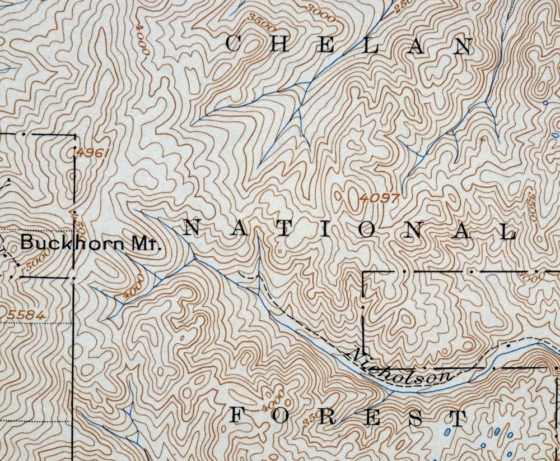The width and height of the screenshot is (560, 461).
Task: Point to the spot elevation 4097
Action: click(x=380, y=198)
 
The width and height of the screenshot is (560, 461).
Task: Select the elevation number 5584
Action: click(x=26, y=315)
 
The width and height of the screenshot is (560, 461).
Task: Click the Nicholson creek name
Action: click(x=402, y=367)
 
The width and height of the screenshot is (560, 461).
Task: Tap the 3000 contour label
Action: click(x=320, y=13)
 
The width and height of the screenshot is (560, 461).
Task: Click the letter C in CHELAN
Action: click(x=234, y=44)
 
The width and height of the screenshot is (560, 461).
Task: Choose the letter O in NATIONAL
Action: click(x=367, y=230)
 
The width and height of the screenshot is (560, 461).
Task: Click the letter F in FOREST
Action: click(x=237, y=416)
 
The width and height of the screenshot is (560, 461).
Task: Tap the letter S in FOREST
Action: click(x=416, y=418)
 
